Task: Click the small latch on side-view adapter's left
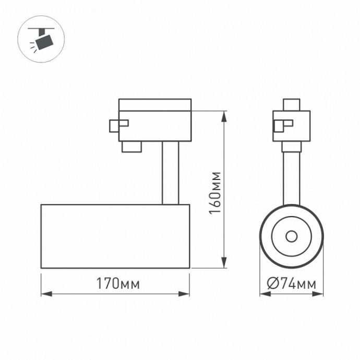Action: pyautogui.click(x=118, y=125)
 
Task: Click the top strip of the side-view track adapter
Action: pyautogui.click(x=154, y=104)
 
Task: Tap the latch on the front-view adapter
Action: pyautogui.click(x=284, y=125)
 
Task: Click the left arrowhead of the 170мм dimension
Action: pyautogui.click(x=45, y=294)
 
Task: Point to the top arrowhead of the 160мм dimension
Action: pyautogui.click(x=225, y=114)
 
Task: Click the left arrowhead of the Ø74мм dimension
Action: pyautogui.click(x=263, y=294)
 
